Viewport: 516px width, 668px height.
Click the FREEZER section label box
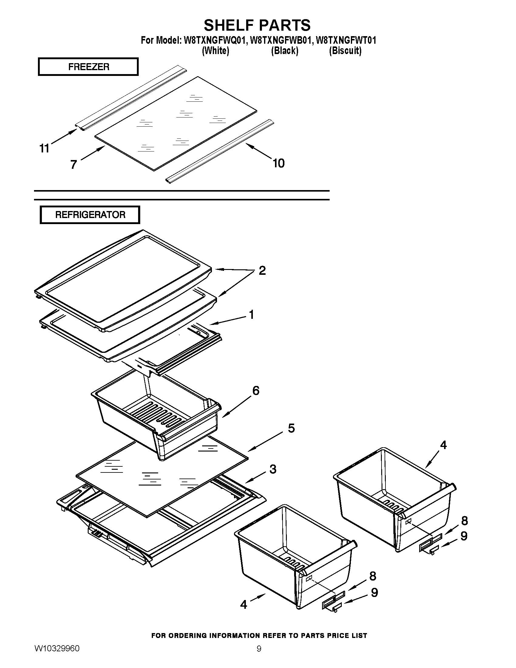tap(88, 67)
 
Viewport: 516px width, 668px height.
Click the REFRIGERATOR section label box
tap(90, 215)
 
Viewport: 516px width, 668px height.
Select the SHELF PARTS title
tap(257, 25)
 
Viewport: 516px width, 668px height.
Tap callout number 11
tap(44, 148)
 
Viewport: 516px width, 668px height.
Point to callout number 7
tap(73, 165)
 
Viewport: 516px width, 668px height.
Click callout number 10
tap(278, 163)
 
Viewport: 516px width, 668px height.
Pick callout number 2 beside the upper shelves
tap(262, 270)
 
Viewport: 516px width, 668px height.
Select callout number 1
tap(251, 315)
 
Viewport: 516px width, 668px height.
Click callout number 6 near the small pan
tap(256, 390)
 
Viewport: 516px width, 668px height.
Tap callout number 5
tap(291, 428)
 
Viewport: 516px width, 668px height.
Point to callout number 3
tap(273, 469)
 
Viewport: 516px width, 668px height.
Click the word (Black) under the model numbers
tap(285, 51)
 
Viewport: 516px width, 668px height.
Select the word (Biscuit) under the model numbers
tap(345, 51)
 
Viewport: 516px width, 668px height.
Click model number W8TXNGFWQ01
tap(215, 40)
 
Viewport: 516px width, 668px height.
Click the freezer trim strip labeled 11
tap(131, 98)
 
